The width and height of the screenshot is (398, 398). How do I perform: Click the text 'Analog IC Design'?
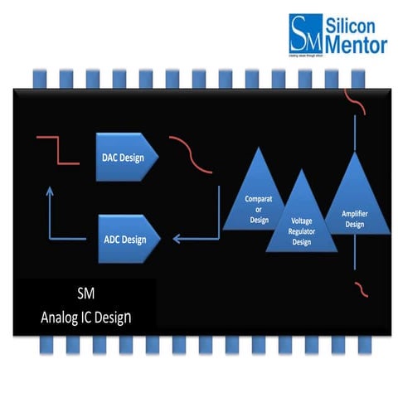point(85,316)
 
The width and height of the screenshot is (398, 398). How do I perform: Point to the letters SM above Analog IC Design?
point(85,294)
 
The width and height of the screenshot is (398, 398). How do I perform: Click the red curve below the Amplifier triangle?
point(359,288)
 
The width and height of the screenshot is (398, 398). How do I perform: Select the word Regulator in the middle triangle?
point(302,233)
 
